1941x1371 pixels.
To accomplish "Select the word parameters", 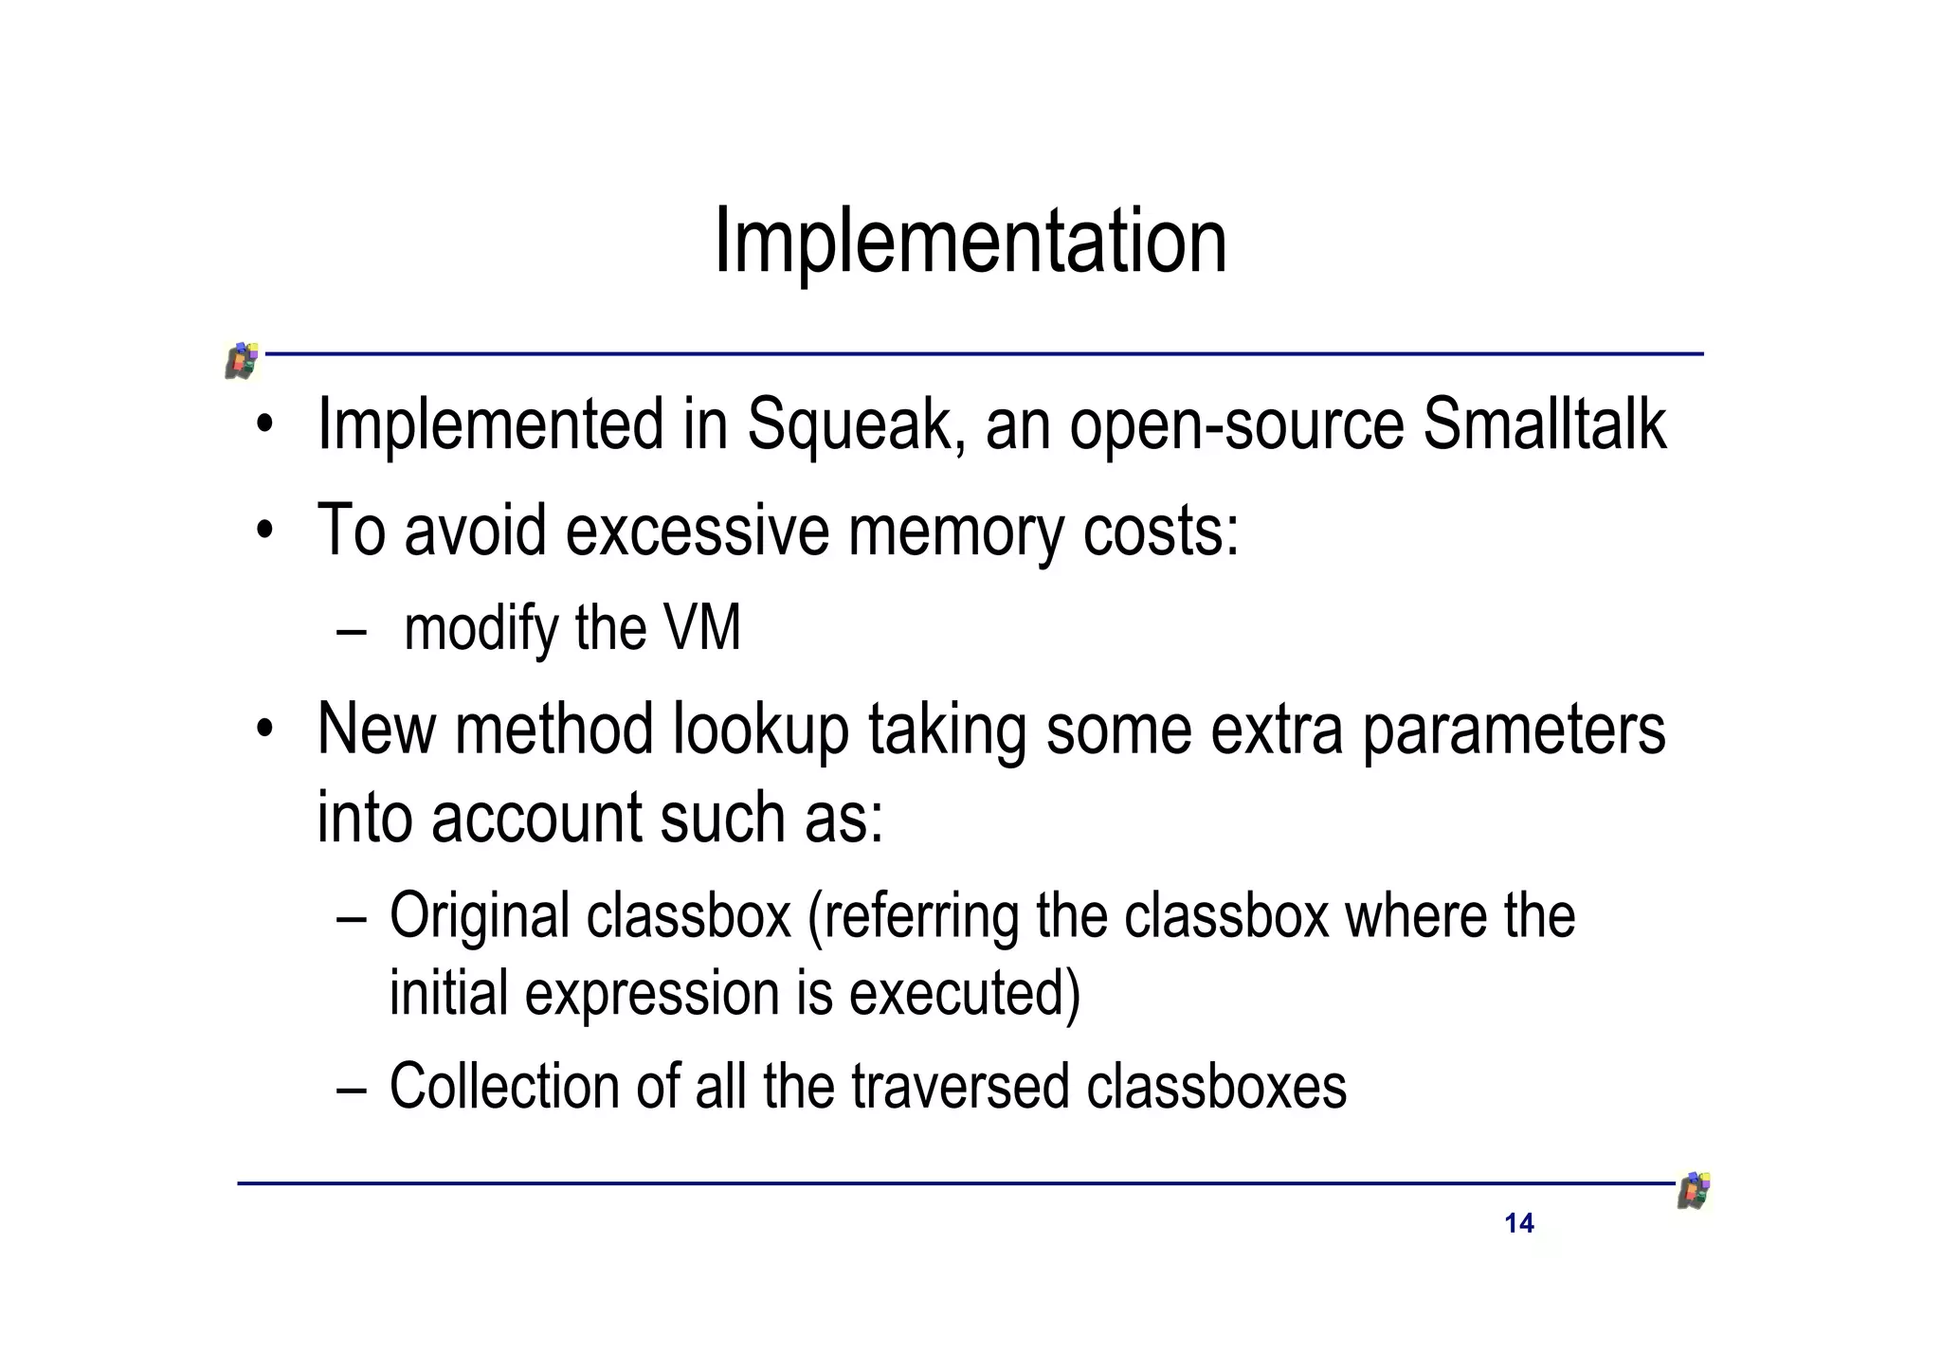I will [1514, 731].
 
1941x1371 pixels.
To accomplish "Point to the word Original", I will [480, 917].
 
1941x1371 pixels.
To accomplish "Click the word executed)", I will [964, 993].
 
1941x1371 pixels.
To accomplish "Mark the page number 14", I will [1518, 1223].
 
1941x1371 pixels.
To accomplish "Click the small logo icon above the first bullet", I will [243, 360].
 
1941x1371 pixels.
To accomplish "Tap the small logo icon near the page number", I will [1694, 1191].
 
